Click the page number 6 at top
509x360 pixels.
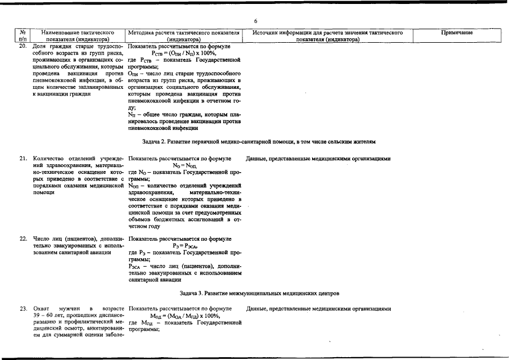255,21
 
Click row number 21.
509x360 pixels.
23,159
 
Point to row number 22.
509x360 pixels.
23,238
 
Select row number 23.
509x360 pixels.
23,309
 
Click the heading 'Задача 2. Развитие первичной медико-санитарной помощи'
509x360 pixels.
255,141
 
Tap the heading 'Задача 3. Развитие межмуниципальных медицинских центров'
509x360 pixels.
254,293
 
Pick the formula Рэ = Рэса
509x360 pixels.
185,246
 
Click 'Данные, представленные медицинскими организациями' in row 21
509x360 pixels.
318,159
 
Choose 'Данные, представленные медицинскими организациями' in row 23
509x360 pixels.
318,309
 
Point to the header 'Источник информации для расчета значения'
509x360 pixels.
328,33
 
